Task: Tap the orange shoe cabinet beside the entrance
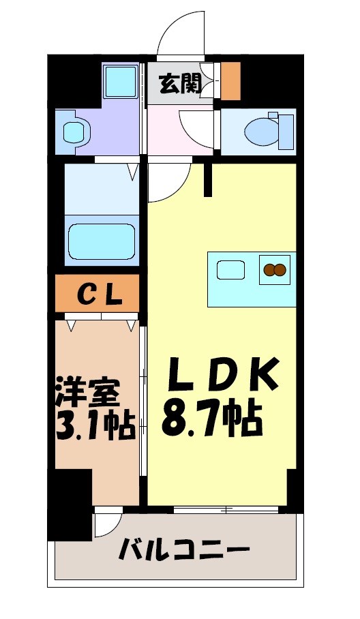coord(231,80)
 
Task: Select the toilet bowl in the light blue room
coord(262,130)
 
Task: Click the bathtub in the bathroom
coord(102,241)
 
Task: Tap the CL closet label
coord(98,294)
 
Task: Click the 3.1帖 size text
coord(94,427)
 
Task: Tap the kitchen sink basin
coord(231,270)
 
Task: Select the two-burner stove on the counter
coord(274,270)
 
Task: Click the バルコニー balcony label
coord(183,548)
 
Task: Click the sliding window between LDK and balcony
coord(226,509)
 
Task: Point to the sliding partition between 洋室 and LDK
coord(143,409)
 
